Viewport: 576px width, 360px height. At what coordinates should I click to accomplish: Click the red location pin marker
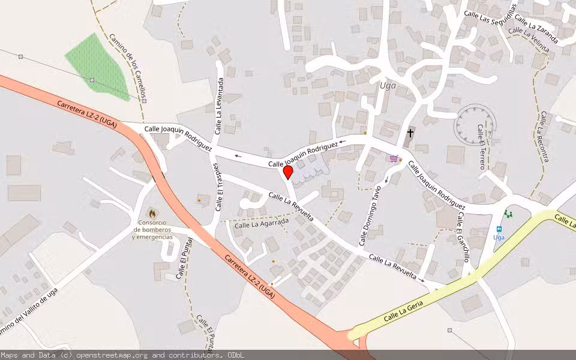[x=288, y=173]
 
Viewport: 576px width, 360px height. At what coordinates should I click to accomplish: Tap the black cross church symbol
[x=410, y=133]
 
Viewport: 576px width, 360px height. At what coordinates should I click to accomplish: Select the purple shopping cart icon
[x=394, y=159]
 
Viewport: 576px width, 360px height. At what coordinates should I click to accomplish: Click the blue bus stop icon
[x=499, y=229]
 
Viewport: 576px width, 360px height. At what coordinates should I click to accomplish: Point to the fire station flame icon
[x=152, y=213]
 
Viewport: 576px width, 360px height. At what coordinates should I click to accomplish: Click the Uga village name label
[x=389, y=85]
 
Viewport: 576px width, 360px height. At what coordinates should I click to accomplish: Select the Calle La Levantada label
[x=220, y=105]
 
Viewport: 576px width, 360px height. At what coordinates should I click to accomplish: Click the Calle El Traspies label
[x=218, y=187]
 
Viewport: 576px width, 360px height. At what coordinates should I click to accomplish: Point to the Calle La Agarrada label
[x=259, y=225]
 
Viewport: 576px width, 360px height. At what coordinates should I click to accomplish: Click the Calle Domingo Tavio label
[x=370, y=216]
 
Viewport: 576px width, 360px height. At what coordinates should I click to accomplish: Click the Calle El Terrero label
[x=481, y=147]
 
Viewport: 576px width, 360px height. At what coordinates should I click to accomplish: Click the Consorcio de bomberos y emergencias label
[x=152, y=233]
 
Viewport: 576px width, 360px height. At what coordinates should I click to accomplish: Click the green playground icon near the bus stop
[x=509, y=214]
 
